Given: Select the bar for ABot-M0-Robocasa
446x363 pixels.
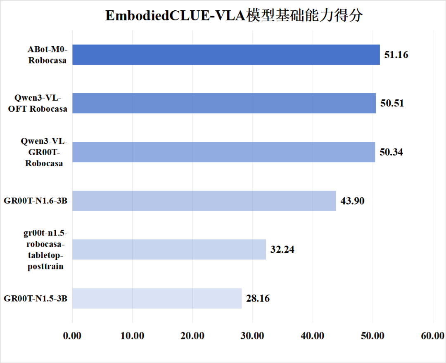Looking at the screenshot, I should (226, 54).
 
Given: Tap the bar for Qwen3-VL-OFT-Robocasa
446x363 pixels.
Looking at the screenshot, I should (224, 103).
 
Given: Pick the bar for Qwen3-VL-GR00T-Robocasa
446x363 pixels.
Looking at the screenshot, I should (223, 152).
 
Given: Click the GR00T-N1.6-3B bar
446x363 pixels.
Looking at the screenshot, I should (204, 201).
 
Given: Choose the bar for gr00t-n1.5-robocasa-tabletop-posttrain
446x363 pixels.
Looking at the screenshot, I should (169, 250).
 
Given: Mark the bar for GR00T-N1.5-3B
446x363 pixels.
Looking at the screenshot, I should (157, 298).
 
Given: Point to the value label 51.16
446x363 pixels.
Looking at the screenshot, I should (396, 54).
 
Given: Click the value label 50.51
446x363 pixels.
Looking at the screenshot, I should (392, 103).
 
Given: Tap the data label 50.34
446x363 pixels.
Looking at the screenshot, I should (391, 152).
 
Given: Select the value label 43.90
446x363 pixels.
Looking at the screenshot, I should (352, 201).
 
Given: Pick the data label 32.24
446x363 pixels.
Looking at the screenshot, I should (282, 250).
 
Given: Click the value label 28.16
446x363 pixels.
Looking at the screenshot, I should (258, 298).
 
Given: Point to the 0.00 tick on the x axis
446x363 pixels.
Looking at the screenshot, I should (72, 336).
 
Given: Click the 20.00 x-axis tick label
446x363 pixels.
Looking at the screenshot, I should (192, 336).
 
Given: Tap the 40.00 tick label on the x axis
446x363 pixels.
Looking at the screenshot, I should (313, 336).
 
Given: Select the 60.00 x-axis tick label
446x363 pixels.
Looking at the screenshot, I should (432, 336).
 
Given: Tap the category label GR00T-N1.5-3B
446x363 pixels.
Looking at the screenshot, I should (36, 299).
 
